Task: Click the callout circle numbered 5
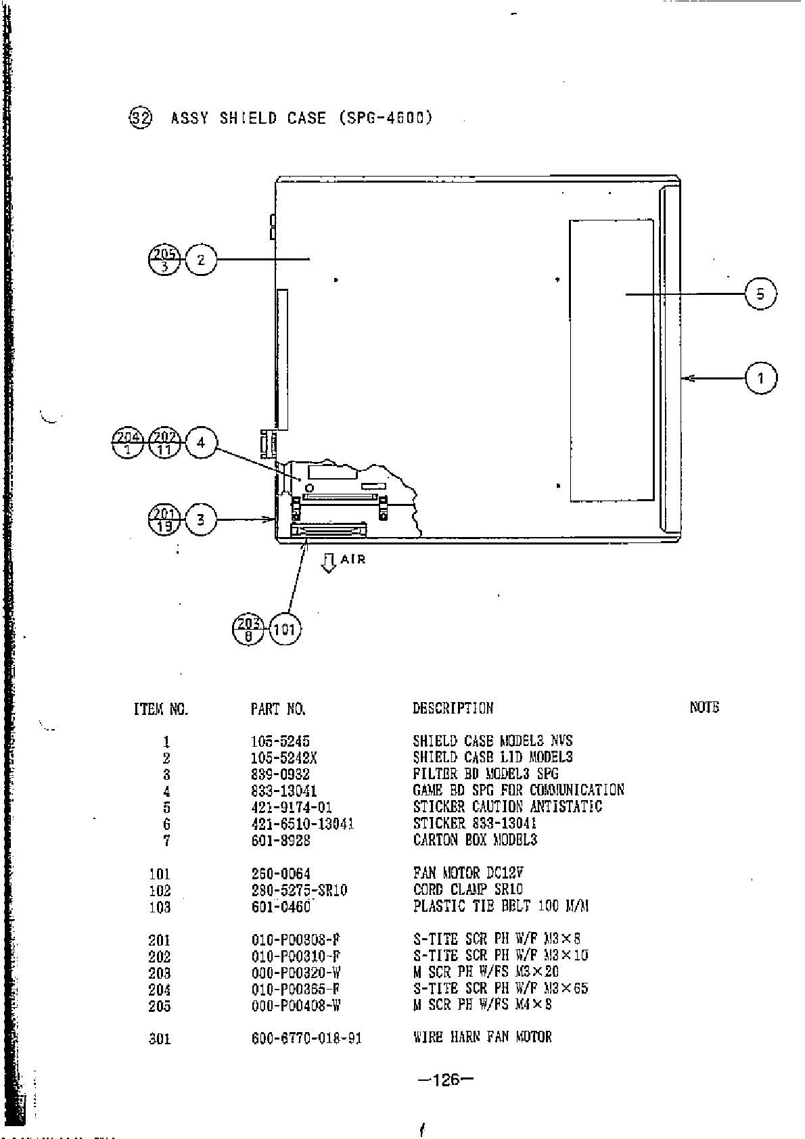pos(760,294)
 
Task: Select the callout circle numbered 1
pos(761,377)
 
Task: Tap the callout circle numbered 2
pos(201,259)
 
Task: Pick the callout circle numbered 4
pos(201,443)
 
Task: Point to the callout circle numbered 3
pos(201,519)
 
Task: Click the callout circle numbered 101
pos(285,630)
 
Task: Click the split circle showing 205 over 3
pos(164,260)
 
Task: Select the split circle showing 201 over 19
pos(164,519)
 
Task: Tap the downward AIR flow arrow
pos(329,563)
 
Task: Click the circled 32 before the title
pos(140,118)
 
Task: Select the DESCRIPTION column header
pos(453,708)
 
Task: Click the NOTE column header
pos(704,707)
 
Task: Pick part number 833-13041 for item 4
pos(284,791)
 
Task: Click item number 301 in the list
pos(160,1038)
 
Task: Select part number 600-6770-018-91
pos(306,1038)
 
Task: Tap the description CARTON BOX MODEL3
pos(475,840)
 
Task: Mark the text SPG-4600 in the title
pos(384,118)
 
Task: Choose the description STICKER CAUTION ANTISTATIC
pos(507,807)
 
